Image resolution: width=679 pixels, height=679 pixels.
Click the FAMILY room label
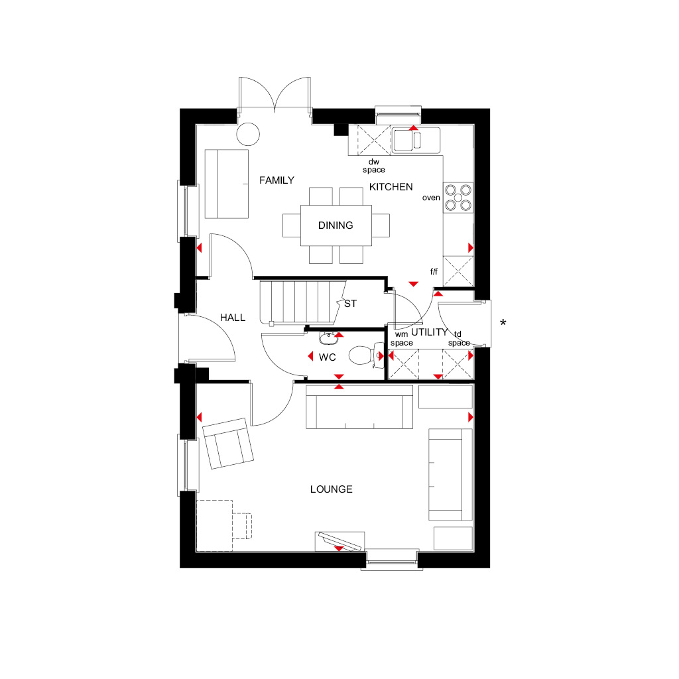pos(277,180)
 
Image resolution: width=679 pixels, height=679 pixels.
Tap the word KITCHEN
pos(391,187)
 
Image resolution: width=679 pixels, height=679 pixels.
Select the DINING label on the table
pos(336,225)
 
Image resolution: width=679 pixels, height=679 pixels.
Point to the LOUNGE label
pos(331,489)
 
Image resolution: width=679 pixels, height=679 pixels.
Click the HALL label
pos(233,318)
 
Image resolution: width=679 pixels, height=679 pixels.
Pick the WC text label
pos(328,357)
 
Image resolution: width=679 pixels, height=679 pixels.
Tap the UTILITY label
pos(429,332)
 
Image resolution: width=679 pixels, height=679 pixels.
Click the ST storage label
pos(350,304)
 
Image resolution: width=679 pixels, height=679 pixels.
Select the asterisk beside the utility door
pos(503,324)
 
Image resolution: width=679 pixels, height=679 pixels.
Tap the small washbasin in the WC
pos(328,339)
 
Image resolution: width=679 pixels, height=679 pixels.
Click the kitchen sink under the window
pos(414,140)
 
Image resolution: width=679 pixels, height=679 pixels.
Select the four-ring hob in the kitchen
pos(458,196)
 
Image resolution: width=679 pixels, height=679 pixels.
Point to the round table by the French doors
pos(249,134)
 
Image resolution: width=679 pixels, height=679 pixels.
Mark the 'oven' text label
pos(431,198)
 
